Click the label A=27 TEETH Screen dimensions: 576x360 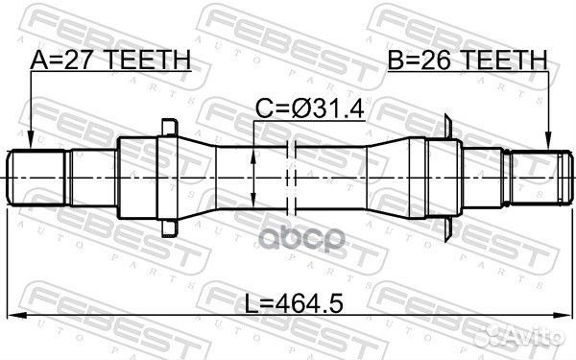pyautogui.click(x=110, y=60)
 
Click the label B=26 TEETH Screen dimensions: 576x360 pyautogui.click(x=468, y=60)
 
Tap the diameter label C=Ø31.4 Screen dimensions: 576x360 pyautogui.click(x=310, y=108)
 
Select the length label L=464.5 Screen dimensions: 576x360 pyautogui.click(x=294, y=303)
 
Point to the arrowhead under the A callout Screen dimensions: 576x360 pyautogui.click(x=31, y=142)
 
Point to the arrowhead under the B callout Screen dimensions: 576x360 pyautogui.click(x=548, y=142)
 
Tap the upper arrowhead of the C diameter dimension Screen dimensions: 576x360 pyautogui.click(x=253, y=156)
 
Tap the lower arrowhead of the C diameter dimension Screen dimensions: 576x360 pyautogui.click(x=253, y=201)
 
